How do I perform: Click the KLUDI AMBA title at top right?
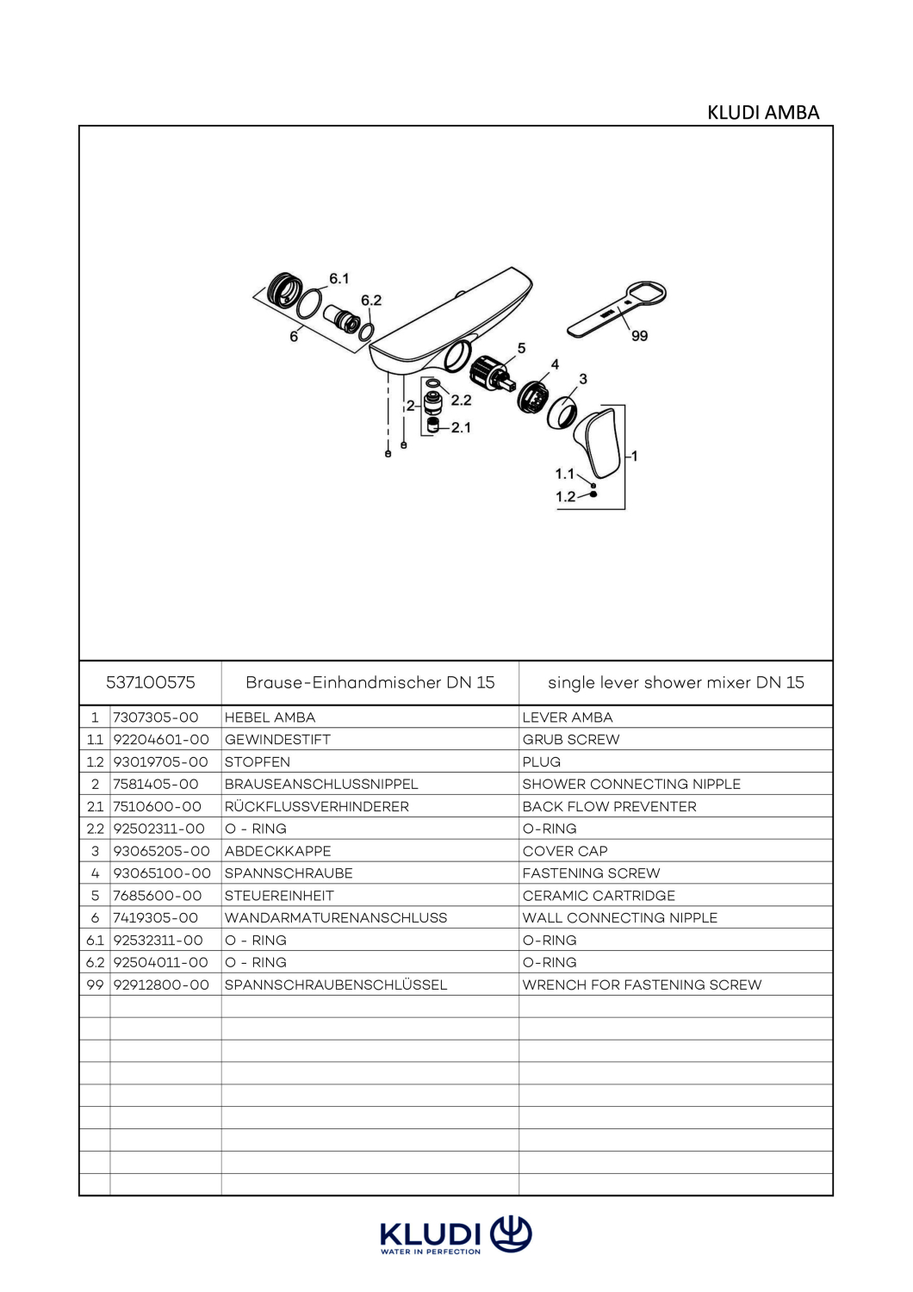coord(763,113)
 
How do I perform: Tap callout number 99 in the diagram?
coord(640,336)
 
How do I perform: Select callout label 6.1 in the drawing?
coord(339,278)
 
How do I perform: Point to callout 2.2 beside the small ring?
coord(461,401)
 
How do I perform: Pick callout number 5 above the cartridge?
coord(521,348)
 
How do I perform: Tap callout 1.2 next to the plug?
coord(565,497)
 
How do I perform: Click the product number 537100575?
coord(151,683)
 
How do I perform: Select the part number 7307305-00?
coord(156,717)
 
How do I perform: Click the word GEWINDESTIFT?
coord(277,739)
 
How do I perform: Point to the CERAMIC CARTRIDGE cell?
coord(599,896)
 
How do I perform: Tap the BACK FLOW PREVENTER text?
coord(610,806)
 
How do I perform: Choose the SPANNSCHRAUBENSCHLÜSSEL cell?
coord(336,985)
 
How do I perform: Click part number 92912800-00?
coord(161,985)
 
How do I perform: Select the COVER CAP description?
coord(565,851)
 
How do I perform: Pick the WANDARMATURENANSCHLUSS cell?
coord(336,917)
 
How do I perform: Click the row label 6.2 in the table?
coord(95,963)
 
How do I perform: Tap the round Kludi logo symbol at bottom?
coord(511,1235)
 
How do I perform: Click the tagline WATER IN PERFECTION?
coord(431,1252)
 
